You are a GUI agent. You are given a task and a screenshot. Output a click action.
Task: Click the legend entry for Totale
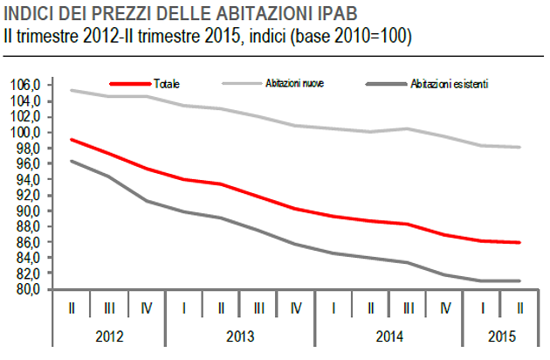(x=166, y=84)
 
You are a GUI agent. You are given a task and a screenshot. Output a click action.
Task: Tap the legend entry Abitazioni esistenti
(x=449, y=84)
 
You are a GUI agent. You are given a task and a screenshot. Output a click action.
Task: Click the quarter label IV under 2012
(x=148, y=308)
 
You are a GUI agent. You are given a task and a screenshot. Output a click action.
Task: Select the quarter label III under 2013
(x=259, y=308)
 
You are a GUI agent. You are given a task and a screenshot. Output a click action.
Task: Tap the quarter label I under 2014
(x=333, y=308)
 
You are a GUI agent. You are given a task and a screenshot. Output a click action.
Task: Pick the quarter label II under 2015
(x=519, y=308)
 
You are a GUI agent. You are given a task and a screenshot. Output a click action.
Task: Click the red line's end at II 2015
(x=520, y=242)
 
